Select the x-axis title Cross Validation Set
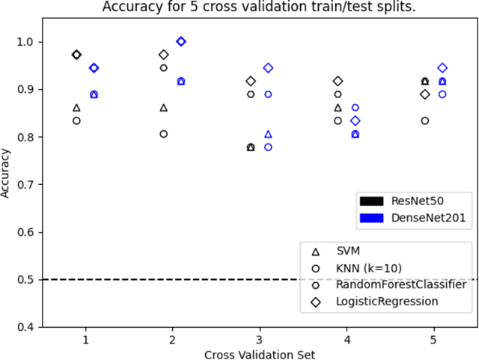(259, 353)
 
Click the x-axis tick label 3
(259, 339)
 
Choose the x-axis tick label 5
(433, 339)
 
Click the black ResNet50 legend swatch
(371, 201)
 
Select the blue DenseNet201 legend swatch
(371, 217)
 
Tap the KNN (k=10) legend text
(376, 269)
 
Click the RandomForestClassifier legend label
(402, 284)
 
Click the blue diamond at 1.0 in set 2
(181, 41)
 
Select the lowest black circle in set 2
(164, 134)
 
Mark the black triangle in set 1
(76, 108)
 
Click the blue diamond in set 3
(268, 68)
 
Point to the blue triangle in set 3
(268, 135)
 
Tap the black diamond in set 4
(338, 81)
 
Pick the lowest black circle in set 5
(425, 120)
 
